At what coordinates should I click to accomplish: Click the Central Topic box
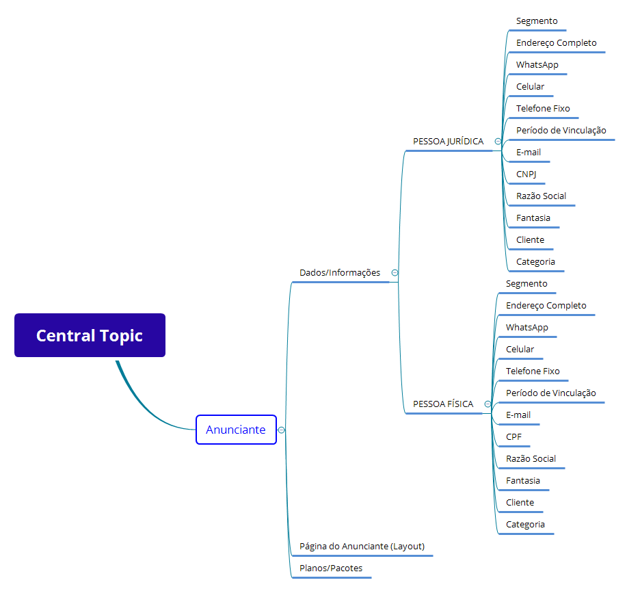(x=90, y=335)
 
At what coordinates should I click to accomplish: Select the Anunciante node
(x=236, y=430)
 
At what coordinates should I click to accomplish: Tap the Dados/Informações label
(x=339, y=272)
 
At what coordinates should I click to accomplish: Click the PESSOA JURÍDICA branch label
(x=448, y=141)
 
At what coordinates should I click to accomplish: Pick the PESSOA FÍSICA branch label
(x=442, y=404)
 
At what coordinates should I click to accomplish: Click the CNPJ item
(x=526, y=174)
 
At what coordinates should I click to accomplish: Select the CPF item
(x=513, y=436)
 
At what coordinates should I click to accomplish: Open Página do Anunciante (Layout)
(x=362, y=546)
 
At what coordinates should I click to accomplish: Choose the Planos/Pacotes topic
(x=331, y=568)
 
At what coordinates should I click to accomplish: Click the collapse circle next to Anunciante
(x=281, y=430)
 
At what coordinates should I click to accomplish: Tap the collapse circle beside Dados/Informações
(x=395, y=272)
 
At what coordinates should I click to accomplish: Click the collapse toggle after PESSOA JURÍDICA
(x=498, y=142)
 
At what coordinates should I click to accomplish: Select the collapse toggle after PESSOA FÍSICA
(x=488, y=404)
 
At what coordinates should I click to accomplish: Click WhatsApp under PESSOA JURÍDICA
(x=537, y=64)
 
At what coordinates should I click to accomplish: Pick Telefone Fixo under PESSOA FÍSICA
(x=533, y=371)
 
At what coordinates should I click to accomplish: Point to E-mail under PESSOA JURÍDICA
(x=529, y=152)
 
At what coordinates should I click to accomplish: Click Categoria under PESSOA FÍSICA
(x=525, y=524)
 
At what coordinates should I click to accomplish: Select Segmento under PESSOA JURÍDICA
(x=537, y=21)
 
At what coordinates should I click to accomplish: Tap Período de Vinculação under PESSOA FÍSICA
(x=550, y=393)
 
